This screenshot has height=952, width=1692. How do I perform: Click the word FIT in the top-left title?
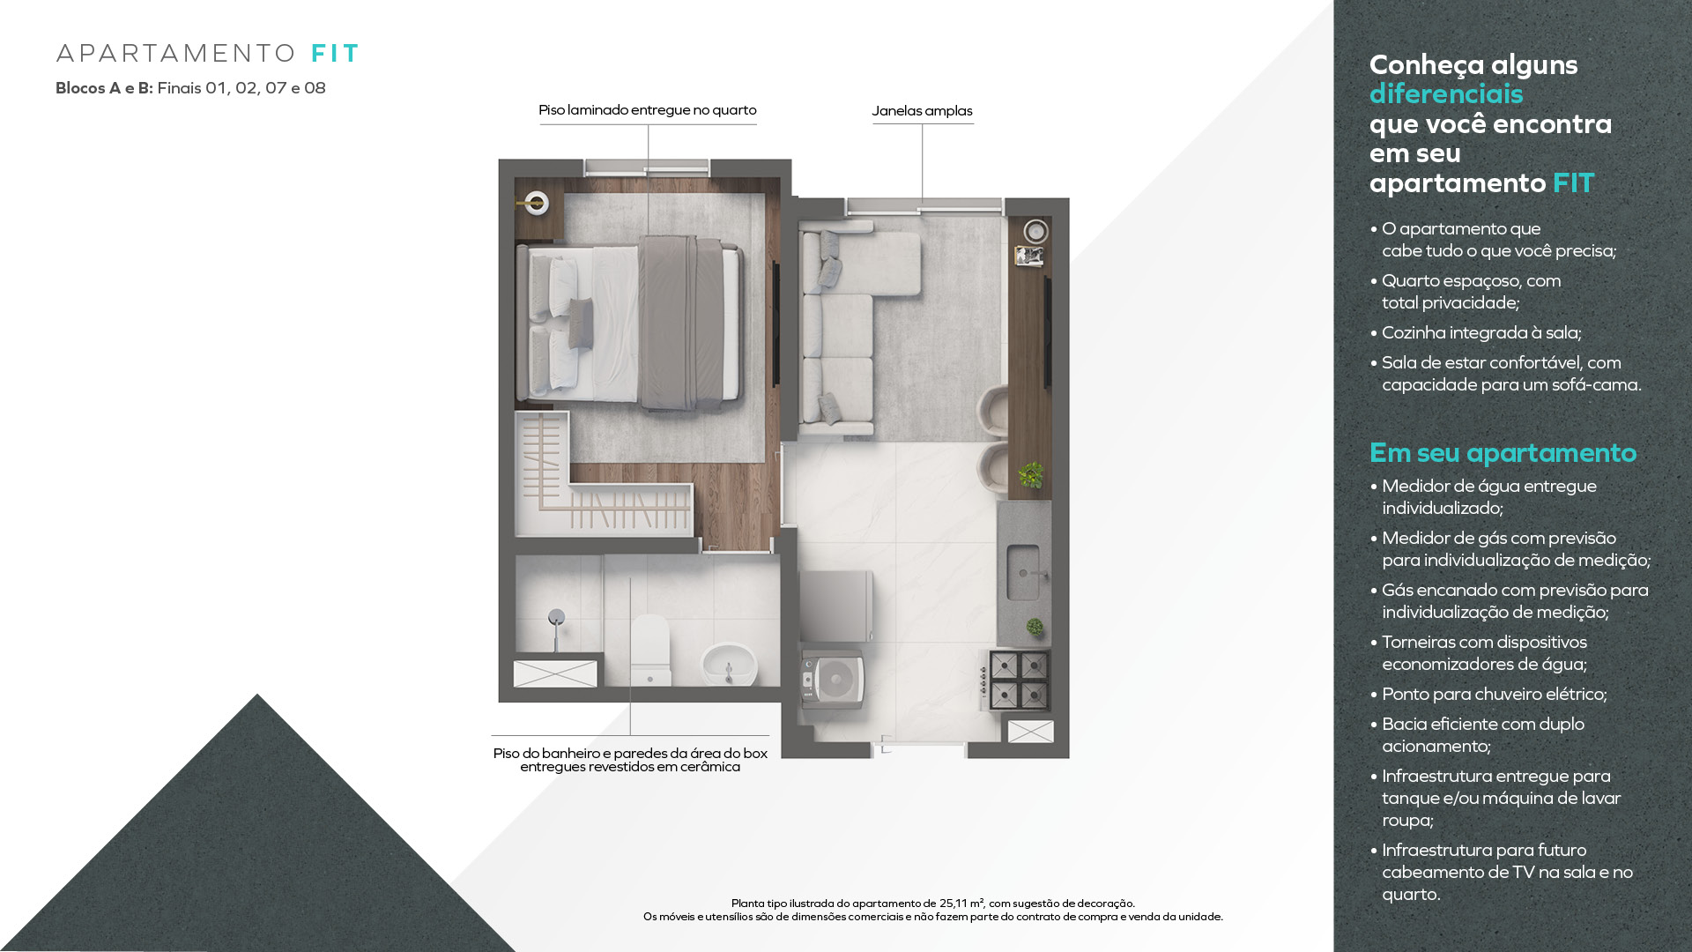point(335,54)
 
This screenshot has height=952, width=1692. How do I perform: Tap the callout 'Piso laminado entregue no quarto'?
point(648,110)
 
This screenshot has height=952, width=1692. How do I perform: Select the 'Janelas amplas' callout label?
point(922,111)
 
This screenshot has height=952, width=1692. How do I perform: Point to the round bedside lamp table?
point(535,204)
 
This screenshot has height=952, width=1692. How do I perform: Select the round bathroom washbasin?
point(729,664)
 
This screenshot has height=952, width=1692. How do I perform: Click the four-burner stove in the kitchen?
point(1019,680)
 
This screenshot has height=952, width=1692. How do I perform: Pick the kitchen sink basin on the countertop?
point(1023,573)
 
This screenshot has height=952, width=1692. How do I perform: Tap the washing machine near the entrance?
point(832,680)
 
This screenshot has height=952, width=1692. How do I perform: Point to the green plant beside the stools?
point(1031,475)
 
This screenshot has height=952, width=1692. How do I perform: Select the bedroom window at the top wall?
point(647,167)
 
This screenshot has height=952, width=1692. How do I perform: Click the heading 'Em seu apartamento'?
point(1503,453)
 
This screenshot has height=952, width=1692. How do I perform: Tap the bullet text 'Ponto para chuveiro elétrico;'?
point(1495,695)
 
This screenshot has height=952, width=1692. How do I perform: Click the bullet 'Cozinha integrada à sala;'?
point(1481,333)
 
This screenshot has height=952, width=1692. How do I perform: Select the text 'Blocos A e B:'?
point(104,88)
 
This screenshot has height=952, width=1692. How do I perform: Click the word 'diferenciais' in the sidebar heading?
point(1446,94)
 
